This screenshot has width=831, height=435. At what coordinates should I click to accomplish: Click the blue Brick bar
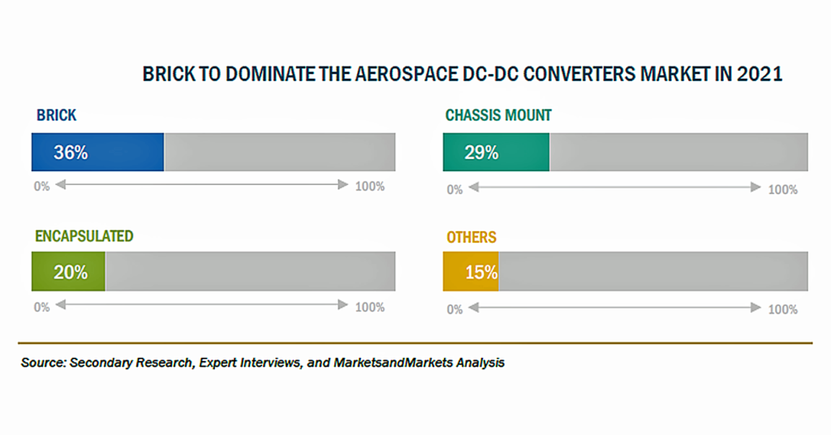(x=97, y=152)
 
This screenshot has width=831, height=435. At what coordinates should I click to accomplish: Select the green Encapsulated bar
(x=68, y=271)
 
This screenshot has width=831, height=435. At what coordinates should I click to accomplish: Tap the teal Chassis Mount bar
(x=496, y=152)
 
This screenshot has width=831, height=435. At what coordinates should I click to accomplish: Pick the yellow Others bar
(x=471, y=271)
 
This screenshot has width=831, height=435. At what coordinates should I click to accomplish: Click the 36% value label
(x=71, y=153)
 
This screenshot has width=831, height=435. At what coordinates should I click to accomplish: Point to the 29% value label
(x=481, y=153)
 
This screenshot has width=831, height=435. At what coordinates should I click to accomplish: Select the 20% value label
(x=71, y=273)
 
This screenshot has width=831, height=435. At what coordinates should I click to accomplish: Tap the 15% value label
(x=481, y=273)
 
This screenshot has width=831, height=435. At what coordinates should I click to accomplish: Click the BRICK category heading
(x=56, y=115)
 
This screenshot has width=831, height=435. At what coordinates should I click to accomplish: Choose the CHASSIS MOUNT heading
(x=498, y=115)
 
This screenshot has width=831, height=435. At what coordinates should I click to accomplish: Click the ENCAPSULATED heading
(x=84, y=236)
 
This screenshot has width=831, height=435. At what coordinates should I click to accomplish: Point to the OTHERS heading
(x=471, y=237)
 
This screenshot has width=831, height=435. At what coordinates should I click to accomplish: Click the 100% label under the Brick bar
(x=370, y=186)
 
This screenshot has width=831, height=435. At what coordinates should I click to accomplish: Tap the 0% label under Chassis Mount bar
(x=454, y=190)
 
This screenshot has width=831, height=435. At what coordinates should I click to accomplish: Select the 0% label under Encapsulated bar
(x=42, y=308)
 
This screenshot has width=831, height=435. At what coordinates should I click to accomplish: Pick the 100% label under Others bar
(x=783, y=309)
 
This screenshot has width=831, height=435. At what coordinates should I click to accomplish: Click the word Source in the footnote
(x=43, y=363)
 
